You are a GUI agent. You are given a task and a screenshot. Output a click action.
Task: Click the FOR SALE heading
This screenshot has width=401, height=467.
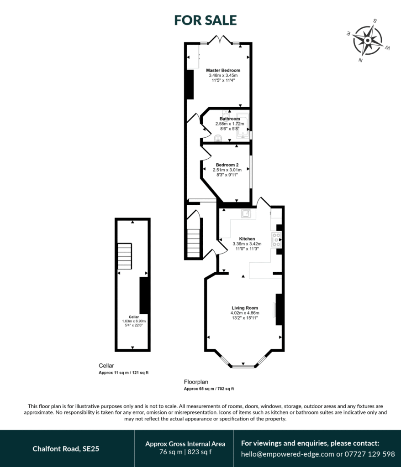pyautogui.click(x=205, y=20)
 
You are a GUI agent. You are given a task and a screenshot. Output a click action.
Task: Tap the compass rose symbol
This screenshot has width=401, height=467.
pyautogui.click(x=368, y=40)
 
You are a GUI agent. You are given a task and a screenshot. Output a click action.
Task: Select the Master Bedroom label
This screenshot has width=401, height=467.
pyautogui.click(x=223, y=70)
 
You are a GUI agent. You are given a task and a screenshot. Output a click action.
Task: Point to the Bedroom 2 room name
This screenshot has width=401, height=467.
pyautogui.click(x=227, y=165)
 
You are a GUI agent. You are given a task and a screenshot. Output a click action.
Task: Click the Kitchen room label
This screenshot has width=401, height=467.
pyautogui.click(x=247, y=239)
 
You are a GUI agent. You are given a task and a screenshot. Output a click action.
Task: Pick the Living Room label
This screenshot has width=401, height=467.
pyautogui.click(x=245, y=308)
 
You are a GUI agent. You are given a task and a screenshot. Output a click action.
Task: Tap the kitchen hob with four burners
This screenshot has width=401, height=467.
pyautogui.click(x=276, y=240)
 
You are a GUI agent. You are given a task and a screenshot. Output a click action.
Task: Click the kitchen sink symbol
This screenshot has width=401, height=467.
pyautogui.click(x=246, y=213)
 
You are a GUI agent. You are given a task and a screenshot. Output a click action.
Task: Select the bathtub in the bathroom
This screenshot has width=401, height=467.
pyautogui.click(x=243, y=126)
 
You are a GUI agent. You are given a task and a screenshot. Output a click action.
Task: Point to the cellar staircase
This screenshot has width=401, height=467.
pyautogui.click(x=125, y=256)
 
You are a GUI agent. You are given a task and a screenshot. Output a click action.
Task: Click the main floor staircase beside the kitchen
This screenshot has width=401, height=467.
pyautogui.click(x=193, y=243)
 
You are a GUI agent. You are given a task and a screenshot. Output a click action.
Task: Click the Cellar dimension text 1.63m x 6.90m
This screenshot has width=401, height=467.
pyautogui.click(x=134, y=321)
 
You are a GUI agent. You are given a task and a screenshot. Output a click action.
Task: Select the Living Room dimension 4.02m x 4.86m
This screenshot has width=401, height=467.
pyautogui.click(x=245, y=313)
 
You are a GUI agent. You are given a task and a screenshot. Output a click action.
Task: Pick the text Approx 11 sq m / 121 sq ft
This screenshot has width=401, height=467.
pyautogui.click(x=123, y=373)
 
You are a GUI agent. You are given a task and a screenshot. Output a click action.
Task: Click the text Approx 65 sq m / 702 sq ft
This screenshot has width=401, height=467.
pyautogui.click(x=209, y=389)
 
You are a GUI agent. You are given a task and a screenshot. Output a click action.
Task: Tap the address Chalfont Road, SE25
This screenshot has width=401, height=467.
pyautogui.click(x=66, y=449)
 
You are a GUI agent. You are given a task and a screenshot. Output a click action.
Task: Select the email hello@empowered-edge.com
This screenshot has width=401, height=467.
pyautogui.click(x=288, y=454)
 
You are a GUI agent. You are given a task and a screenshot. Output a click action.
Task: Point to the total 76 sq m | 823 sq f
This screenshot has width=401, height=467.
pyautogui.click(x=185, y=452)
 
